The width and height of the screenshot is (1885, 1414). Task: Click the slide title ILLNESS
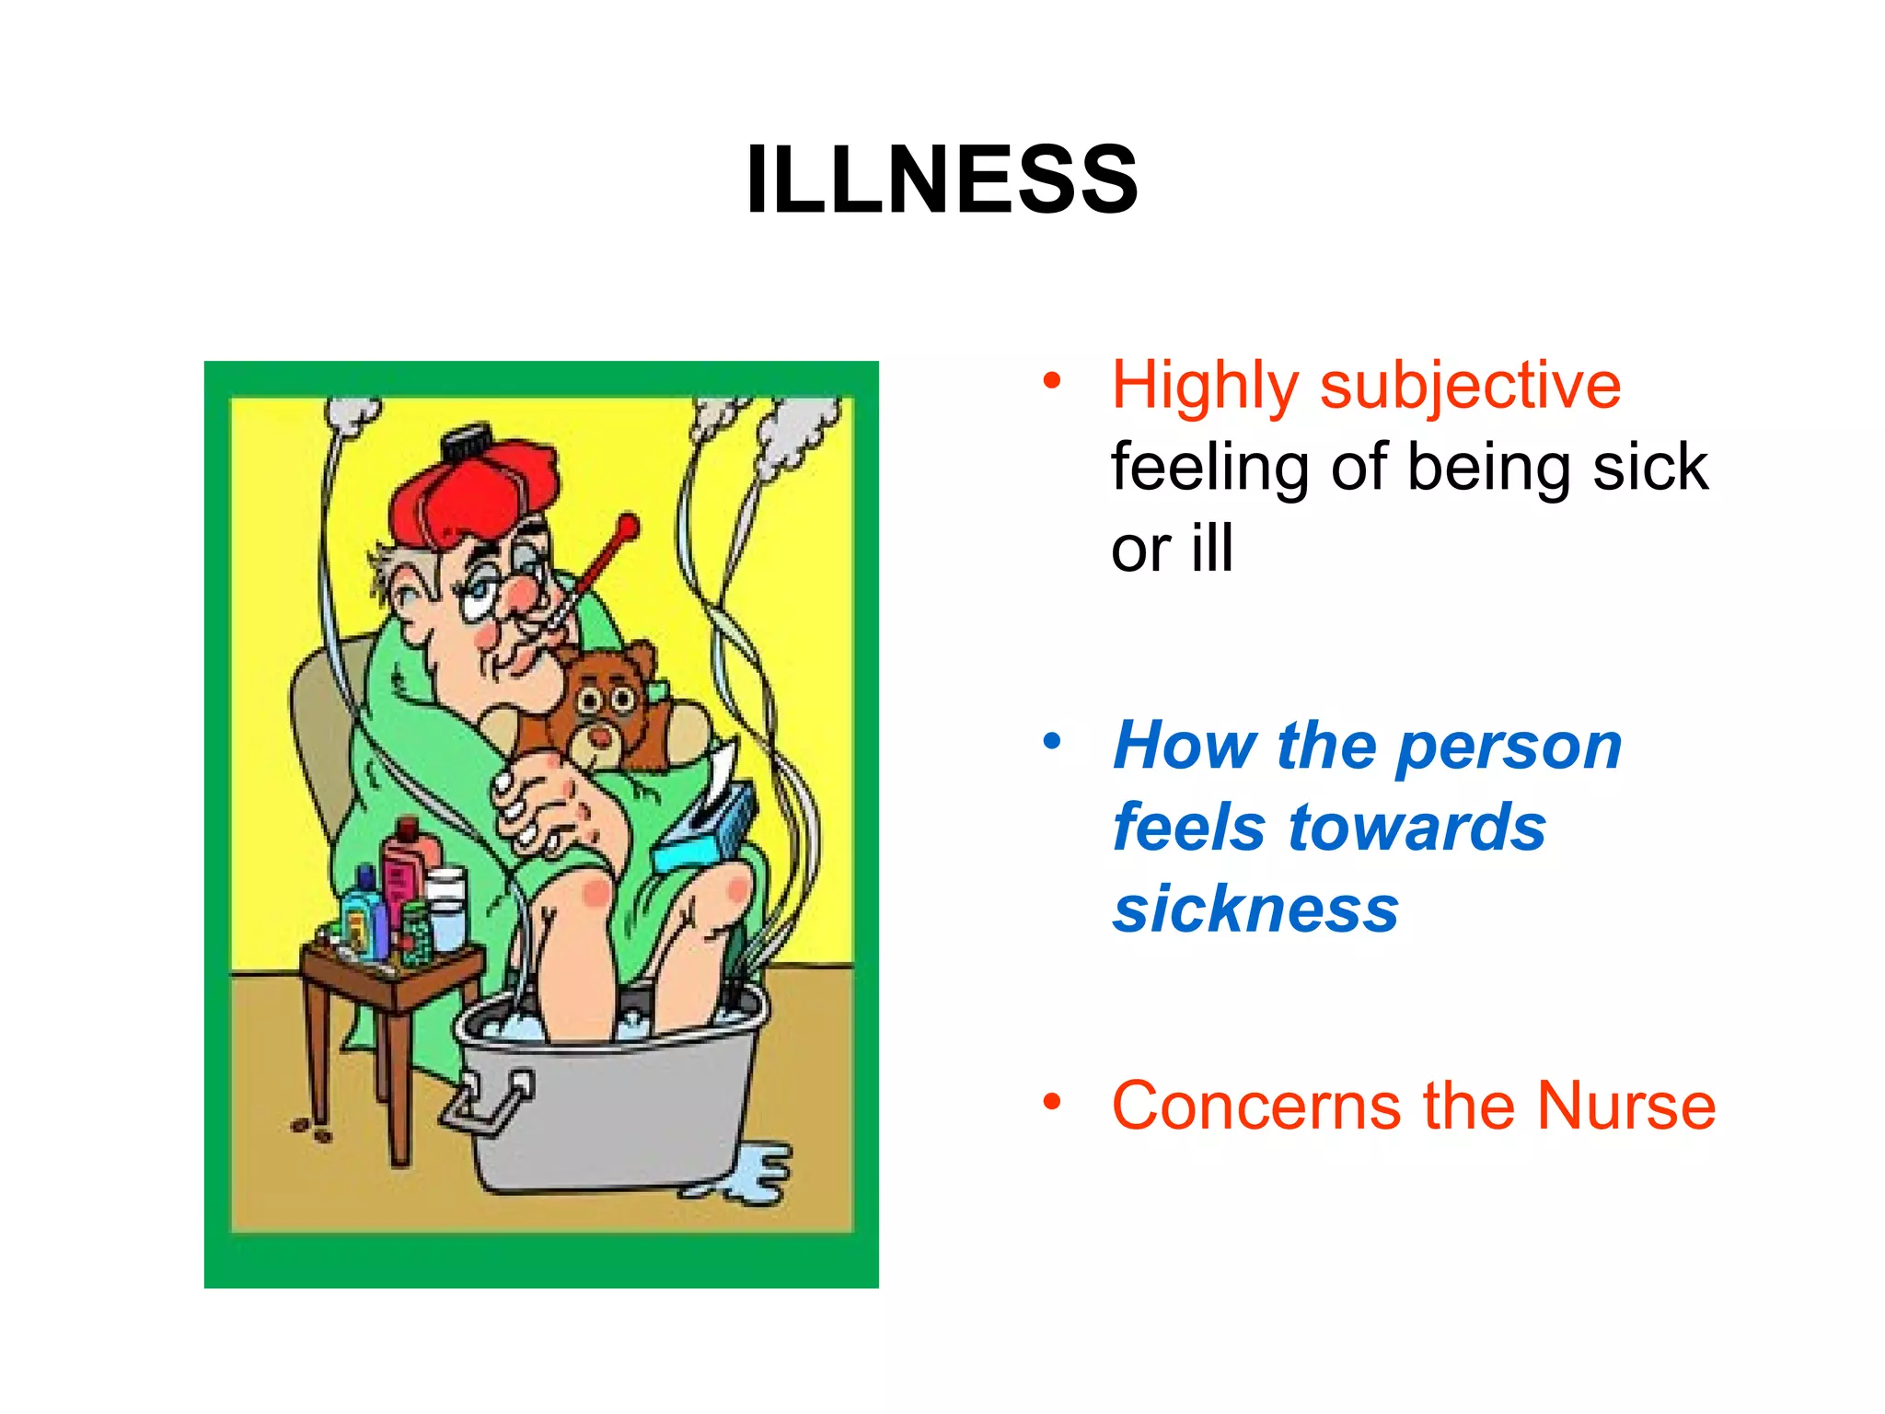[942, 180]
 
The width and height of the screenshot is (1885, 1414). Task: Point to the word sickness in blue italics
[1255, 909]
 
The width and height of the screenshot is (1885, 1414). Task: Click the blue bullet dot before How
[1052, 740]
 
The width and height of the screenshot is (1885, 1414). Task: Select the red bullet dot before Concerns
[1052, 1101]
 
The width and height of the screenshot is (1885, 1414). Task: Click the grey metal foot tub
[607, 1114]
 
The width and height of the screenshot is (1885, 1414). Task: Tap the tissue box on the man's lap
[704, 829]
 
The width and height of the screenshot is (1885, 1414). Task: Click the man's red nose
[523, 594]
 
